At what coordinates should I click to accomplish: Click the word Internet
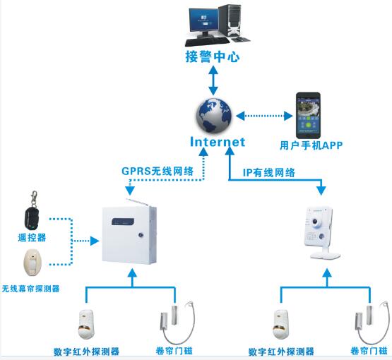point(218,142)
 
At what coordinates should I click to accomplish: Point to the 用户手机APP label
point(311,146)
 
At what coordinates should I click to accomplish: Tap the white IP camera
point(319,234)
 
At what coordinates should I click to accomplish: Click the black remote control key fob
point(30,205)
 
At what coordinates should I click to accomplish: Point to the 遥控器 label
point(32,238)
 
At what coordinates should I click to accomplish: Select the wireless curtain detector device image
point(32,262)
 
